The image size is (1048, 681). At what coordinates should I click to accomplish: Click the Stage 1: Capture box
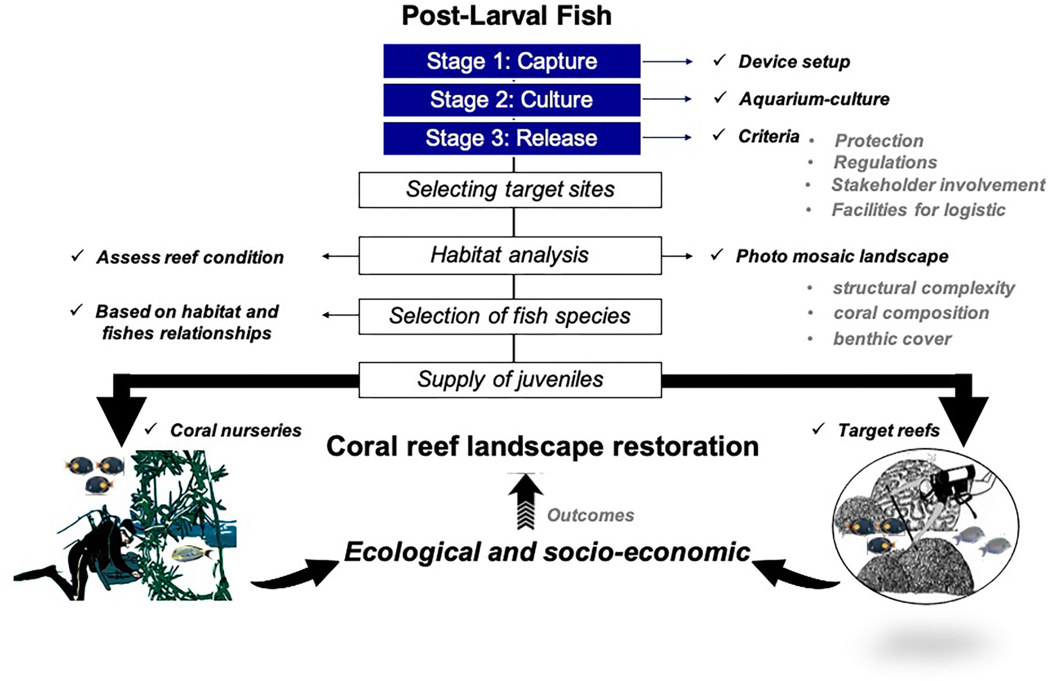[x=512, y=61]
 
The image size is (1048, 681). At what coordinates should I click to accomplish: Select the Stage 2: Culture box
[x=512, y=99]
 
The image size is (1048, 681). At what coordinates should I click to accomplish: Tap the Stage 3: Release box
[x=512, y=138]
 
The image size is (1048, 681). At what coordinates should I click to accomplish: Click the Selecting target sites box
[x=510, y=190]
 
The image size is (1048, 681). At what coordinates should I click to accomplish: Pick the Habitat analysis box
[x=510, y=255]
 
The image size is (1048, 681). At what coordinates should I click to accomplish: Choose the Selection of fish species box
[x=510, y=316]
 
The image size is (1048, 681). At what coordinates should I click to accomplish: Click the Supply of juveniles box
[x=510, y=380]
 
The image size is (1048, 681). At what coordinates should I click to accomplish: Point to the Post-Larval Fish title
[x=506, y=16]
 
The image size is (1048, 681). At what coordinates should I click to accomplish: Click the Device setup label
[x=794, y=61]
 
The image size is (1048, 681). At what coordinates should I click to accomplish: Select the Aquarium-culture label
[x=814, y=99]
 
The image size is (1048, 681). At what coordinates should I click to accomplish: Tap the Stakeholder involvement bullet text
[x=938, y=185]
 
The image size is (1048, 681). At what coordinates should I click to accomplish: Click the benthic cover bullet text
[x=892, y=339]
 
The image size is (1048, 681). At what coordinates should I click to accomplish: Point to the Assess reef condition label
[x=190, y=257]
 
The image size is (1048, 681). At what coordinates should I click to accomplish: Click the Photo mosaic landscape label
[x=842, y=256]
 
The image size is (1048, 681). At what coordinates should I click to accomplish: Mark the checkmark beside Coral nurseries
[x=151, y=429]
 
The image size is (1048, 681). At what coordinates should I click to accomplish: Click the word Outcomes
[x=590, y=515]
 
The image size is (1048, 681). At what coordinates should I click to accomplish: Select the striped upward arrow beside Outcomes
[x=525, y=501]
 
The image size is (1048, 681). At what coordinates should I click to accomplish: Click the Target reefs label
[x=888, y=430]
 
